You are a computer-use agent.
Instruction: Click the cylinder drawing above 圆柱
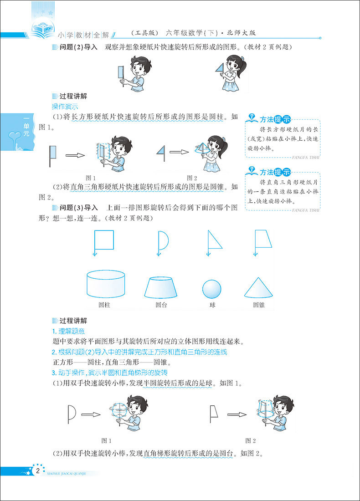pos(106,283)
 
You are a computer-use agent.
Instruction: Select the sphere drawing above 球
pos(212,289)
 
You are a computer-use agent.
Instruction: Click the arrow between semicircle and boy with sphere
pos(90,414)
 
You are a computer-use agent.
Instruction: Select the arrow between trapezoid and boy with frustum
pos(237,414)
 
